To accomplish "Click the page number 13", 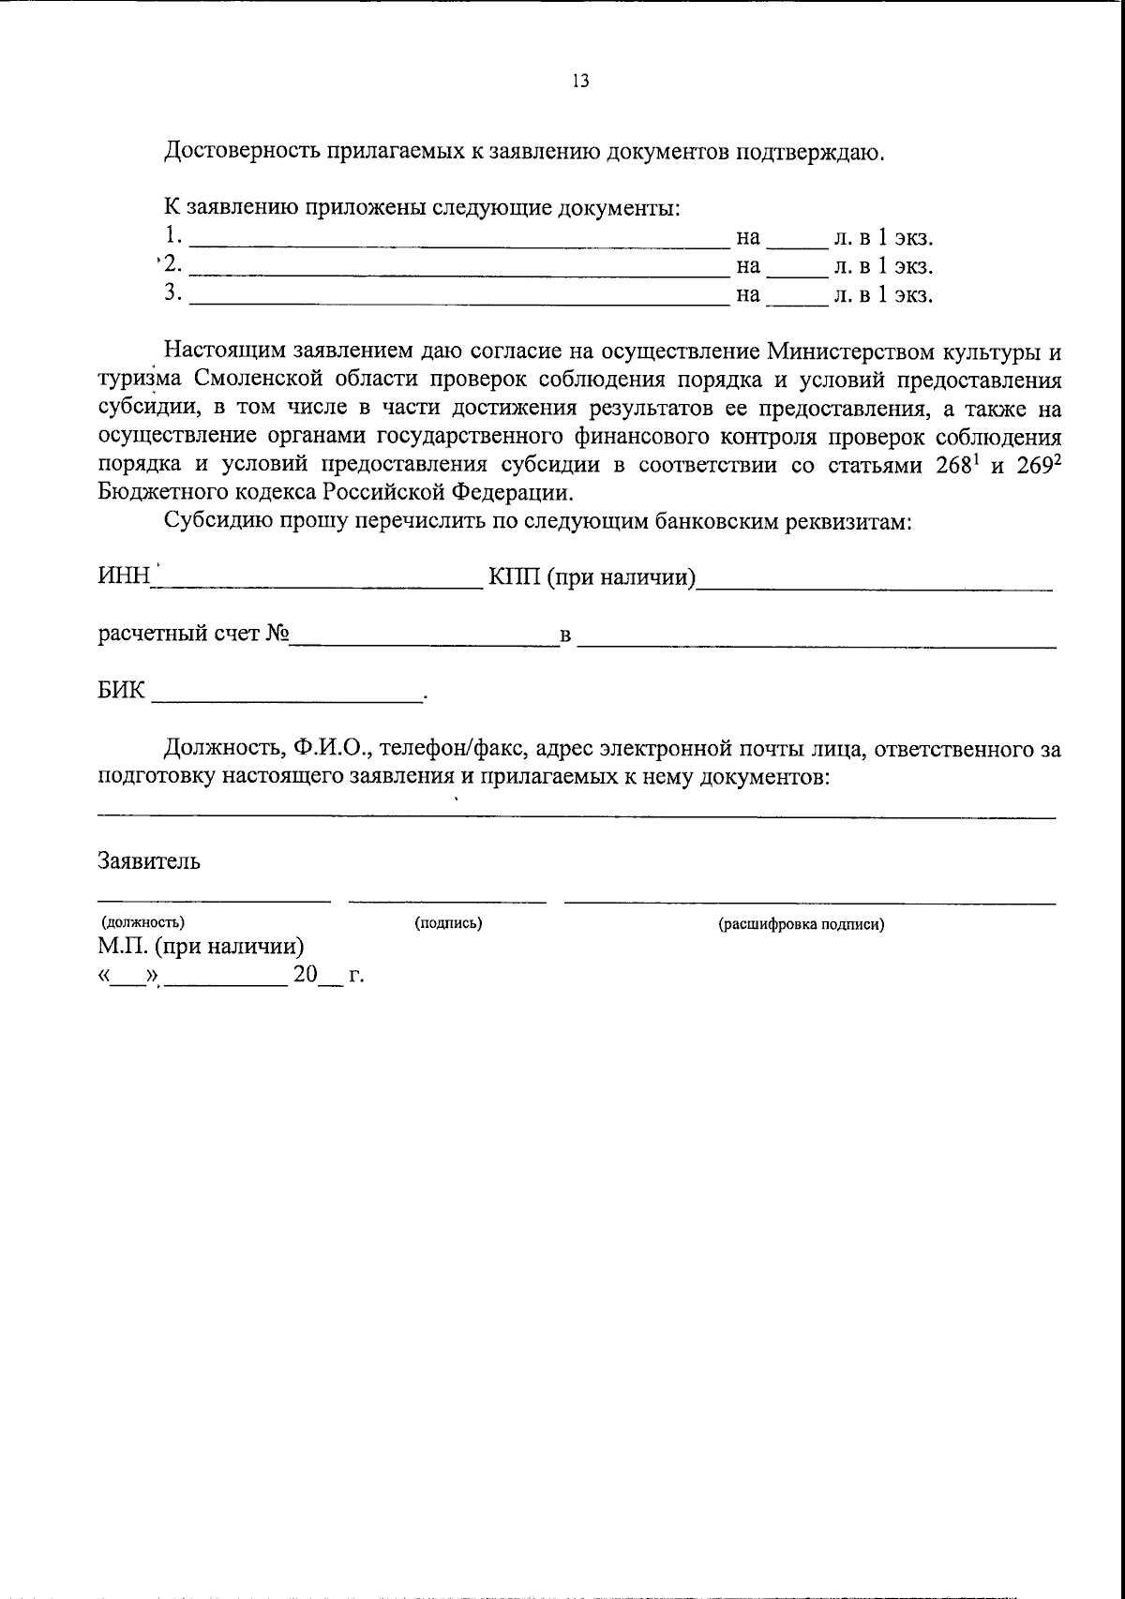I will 580,82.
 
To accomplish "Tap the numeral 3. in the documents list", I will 172,293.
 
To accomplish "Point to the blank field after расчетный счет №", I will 422,643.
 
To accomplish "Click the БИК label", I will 122,692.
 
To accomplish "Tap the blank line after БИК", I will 286,698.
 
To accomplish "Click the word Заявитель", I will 148,860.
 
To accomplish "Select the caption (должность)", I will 143,922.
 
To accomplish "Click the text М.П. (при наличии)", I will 201,947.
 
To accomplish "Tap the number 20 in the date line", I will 306,975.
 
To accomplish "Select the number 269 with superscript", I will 1036,466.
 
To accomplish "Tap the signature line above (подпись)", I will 447,901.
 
